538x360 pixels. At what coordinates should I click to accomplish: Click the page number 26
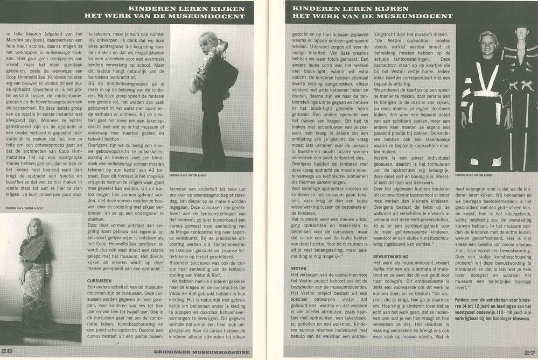pyautogui.click(x=7, y=352)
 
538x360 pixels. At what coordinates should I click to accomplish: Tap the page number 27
pyautogui.click(x=529, y=352)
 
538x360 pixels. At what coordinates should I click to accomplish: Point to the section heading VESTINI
pyautogui.click(x=298, y=267)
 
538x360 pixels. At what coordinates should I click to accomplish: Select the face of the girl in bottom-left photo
pyautogui.click(x=36, y=229)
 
